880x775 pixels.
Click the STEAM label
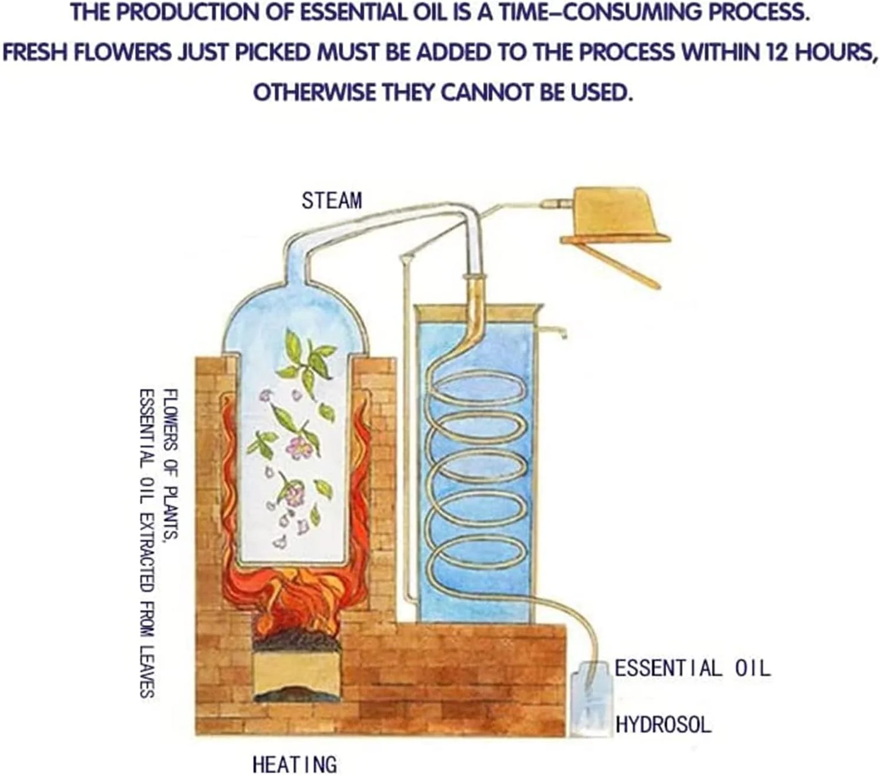(332, 201)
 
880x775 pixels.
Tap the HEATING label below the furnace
(295, 764)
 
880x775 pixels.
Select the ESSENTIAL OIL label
(692, 668)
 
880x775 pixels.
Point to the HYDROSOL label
(663, 724)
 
